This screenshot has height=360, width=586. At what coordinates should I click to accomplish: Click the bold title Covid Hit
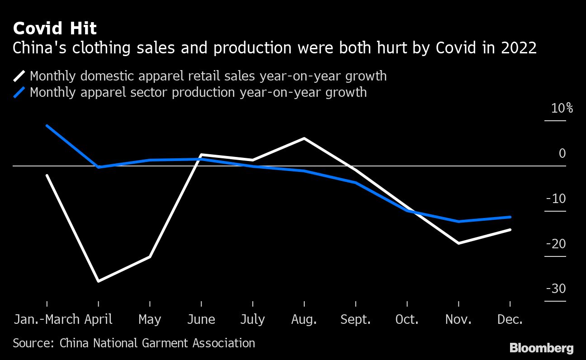pos(55,29)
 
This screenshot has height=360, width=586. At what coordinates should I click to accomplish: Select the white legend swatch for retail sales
pos(19,76)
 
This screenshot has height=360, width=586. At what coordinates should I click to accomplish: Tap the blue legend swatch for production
pos(19,93)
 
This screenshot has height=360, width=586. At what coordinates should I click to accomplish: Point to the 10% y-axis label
pos(562,109)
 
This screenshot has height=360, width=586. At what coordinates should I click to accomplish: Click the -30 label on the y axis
pos(555,289)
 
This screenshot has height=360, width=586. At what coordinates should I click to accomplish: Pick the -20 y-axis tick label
pos(555,244)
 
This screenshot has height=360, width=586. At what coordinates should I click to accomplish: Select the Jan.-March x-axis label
pos(47,319)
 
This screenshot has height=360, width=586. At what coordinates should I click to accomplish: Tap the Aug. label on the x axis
pos(304,319)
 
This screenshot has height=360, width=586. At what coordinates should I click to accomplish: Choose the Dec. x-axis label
pos(510,319)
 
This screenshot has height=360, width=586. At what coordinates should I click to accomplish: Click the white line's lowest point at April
pos(99,281)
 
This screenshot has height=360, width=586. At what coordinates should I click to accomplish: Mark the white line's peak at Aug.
pos(304,138)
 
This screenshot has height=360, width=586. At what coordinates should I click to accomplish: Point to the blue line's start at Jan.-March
pos(47,126)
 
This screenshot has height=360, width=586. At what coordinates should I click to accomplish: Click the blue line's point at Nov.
pos(459,222)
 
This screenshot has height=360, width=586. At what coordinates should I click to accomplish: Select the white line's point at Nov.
pos(459,243)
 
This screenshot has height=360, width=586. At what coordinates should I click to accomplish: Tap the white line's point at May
pos(150,257)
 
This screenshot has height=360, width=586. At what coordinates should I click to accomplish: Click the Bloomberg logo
pos(541,348)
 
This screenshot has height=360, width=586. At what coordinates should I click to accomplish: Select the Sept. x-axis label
pos(355,319)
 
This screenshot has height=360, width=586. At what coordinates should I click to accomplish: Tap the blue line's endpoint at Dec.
pos(510,217)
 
